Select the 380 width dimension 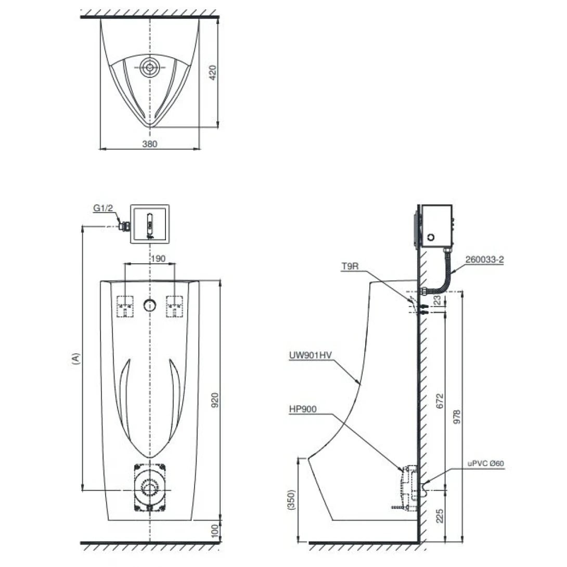[x=150, y=144]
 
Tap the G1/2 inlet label [x=102, y=208]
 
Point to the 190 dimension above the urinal [x=150, y=258]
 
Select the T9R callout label [x=349, y=266]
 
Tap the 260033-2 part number [x=485, y=260]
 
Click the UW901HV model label [x=311, y=355]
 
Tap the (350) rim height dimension [x=292, y=500]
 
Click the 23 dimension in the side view [x=437, y=300]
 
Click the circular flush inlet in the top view [x=150, y=67]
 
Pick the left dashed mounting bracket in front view [x=125, y=306]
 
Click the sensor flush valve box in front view [x=149, y=223]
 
